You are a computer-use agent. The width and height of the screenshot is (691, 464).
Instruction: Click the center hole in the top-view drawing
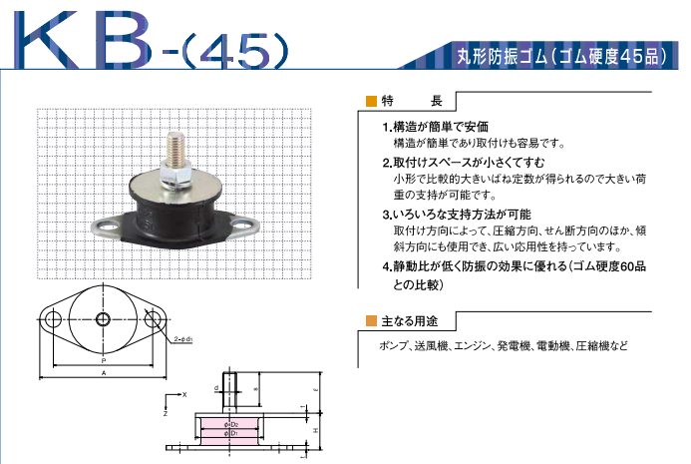104,320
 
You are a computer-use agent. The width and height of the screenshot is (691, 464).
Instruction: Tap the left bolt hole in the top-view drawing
52,320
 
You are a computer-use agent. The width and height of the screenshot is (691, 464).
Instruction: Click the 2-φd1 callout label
183,340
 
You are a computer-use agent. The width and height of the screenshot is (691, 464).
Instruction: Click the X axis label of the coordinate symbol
184,394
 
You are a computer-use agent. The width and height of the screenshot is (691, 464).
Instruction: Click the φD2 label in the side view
230,423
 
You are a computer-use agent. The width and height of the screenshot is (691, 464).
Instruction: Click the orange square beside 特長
372,100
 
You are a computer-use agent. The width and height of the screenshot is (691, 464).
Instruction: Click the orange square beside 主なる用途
372,321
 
